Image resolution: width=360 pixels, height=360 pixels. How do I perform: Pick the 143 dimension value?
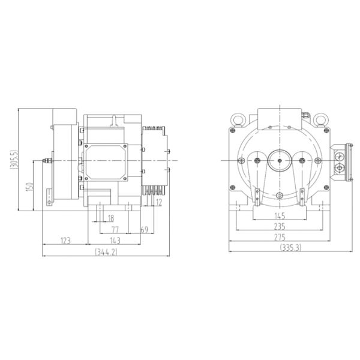(115, 241)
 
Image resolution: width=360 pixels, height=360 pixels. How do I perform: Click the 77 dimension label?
(115, 229)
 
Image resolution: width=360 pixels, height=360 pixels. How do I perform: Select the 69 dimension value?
(144, 229)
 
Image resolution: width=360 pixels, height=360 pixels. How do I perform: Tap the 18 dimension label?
(110, 217)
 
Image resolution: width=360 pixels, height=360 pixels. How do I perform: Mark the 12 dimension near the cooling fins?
(158, 203)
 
